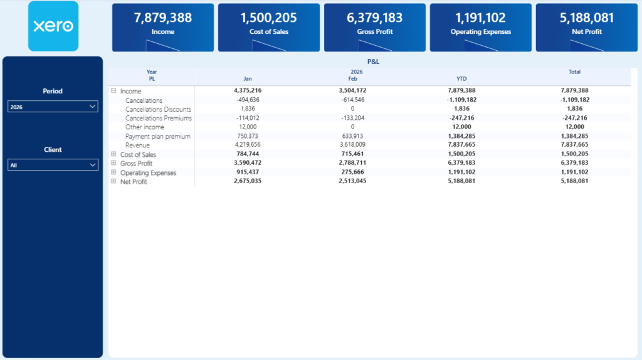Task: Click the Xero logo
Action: coord(53,26)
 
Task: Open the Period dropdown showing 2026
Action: coord(53,107)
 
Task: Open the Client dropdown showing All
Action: coord(53,165)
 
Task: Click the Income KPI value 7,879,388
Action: coord(163,18)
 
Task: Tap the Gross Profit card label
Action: coord(375,31)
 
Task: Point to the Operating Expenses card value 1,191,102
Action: coord(480,18)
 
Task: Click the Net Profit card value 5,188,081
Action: coord(587,18)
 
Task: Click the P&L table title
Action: coord(373,61)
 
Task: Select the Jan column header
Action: coord(248,79)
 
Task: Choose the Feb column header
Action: coord(352,79)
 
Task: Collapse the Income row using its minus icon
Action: coord(113,91)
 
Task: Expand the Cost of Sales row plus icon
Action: coord(113,154)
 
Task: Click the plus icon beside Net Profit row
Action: coord(113,181)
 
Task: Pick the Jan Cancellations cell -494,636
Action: coord(248,100)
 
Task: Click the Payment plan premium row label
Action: coord(157,136)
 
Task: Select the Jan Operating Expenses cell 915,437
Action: coord(248,172)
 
